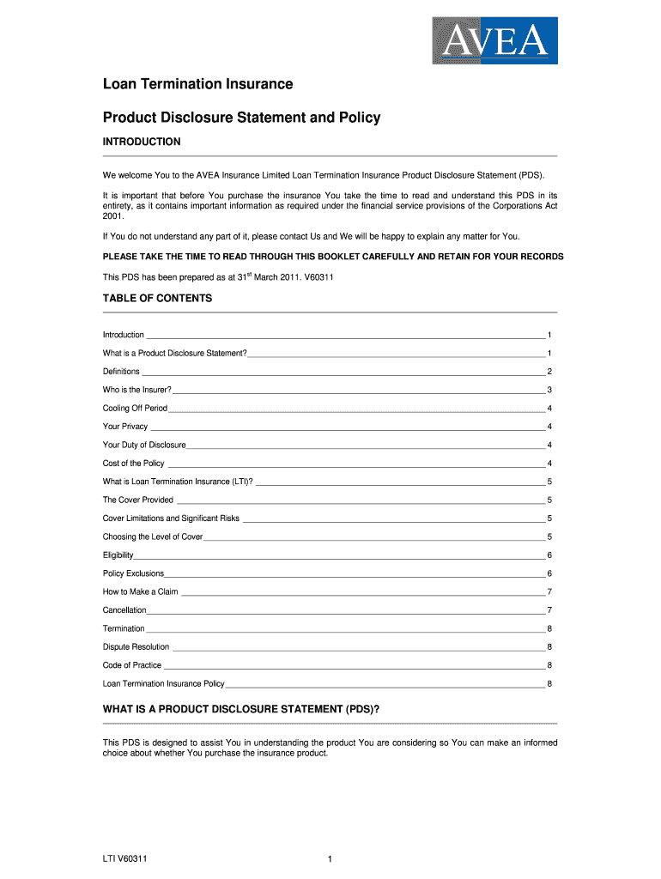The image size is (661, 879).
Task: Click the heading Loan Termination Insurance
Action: [x=197, y=84]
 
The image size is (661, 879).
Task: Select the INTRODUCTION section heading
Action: [x=142, y=142]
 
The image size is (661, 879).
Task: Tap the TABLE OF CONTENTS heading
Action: [x=157, y=299]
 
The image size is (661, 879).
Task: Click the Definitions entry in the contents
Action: [x=121, y=372]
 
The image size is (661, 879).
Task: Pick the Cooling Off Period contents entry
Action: [x=135, y=409]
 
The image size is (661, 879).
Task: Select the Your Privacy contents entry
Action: [x=125, y=427]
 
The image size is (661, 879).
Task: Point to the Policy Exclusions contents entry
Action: [x=133, y=573]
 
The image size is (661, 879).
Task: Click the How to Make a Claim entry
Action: [x=140, y=591]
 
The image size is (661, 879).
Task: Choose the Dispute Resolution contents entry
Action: [x=136, y=647]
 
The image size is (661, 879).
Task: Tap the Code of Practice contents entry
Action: [x=132, y=665]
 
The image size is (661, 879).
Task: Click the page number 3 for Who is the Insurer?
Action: [x=549, y=390]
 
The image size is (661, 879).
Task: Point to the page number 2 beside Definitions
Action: [x=549, y=372]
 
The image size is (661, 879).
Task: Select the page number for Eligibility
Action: [x=549, y=555]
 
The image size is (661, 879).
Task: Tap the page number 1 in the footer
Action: [x=330, y=858]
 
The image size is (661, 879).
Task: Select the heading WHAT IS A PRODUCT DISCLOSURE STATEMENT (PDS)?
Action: [x=241, y=710]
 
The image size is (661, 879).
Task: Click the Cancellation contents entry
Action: [x=124, y=610]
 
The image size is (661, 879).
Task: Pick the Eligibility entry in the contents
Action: [x=118, y=555]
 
